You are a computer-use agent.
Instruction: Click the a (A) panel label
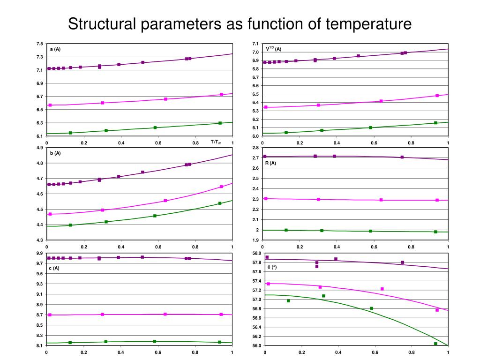tap(55, 49)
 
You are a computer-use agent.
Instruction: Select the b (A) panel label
tap(55, 153)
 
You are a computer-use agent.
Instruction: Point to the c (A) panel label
tap(54, 268)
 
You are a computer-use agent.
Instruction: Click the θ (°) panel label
tap(272, 267)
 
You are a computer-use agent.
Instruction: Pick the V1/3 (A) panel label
tap(273, 49)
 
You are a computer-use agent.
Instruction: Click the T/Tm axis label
tap(216, 142)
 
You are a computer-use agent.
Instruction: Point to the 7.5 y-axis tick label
tap(39, 44)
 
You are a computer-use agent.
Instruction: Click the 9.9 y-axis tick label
tap(39, 253)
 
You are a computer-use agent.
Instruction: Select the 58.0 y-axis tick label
tap(256, 253)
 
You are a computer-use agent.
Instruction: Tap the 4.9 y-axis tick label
tap(39, 148)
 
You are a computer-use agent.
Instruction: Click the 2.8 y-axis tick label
tap(255, 148)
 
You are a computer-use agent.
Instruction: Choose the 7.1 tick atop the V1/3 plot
tap(255, 44)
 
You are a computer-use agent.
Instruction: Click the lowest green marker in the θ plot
tap(435, 344)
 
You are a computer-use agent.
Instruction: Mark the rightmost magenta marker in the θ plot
tap(437, 310)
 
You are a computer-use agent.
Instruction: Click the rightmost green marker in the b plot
tap(220, 203)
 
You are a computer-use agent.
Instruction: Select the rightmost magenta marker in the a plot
tap(222, 95)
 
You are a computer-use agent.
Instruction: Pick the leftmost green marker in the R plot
tap(286, 230)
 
